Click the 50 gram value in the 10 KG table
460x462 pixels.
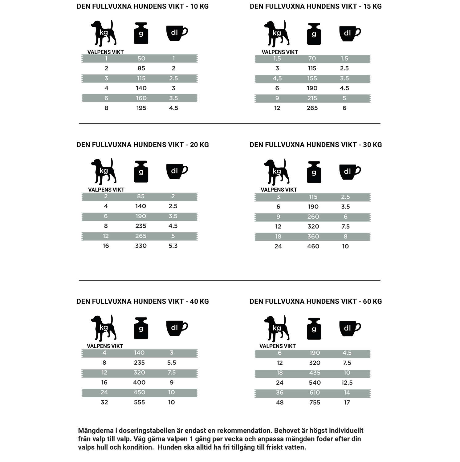coord(141,59)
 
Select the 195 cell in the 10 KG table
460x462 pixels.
coord(141,108)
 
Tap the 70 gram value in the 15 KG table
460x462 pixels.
coord(312,59)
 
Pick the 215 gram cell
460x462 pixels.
coord(312,98)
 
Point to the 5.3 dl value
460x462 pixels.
coord(173,246)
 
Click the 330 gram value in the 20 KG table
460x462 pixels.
coord(140,246)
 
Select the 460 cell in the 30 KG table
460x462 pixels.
coord(313,246)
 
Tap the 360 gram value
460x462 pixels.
coord(313,237)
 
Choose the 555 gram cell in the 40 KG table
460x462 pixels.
coord(139,402)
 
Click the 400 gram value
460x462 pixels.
coord(139,383)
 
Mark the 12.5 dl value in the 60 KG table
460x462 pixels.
coord(347,383)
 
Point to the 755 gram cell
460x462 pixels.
coord(315,403)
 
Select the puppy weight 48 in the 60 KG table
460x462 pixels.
coord(279,403)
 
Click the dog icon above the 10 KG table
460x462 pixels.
coord(104,33)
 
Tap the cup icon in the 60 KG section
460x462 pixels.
coord(349,328)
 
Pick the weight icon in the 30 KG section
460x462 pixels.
coord(314,172)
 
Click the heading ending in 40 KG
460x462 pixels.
coord(142,302)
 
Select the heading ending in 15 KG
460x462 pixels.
coord(315,6)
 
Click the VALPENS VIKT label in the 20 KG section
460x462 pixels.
coord(106,190)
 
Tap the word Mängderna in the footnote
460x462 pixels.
coord(96,431)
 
